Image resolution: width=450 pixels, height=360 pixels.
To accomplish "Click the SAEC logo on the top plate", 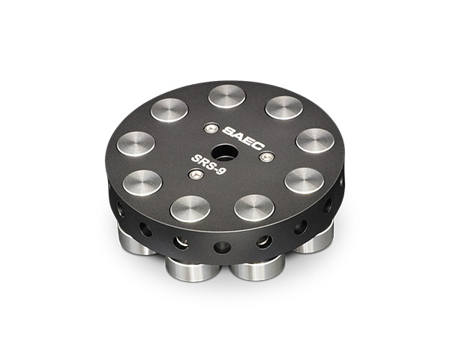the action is pos(243,137).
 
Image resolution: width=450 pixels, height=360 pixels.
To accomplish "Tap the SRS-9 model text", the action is pos(208,165).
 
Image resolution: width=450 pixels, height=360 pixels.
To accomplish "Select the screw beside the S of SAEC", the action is pos(211,128).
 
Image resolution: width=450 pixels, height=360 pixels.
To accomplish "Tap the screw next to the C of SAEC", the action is pos(265,157).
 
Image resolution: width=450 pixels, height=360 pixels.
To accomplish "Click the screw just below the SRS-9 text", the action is pos(195,174).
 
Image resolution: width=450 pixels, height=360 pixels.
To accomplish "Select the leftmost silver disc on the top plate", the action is pos(136,144).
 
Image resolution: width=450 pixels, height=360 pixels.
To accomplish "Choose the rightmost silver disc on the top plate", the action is pos(315,141).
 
